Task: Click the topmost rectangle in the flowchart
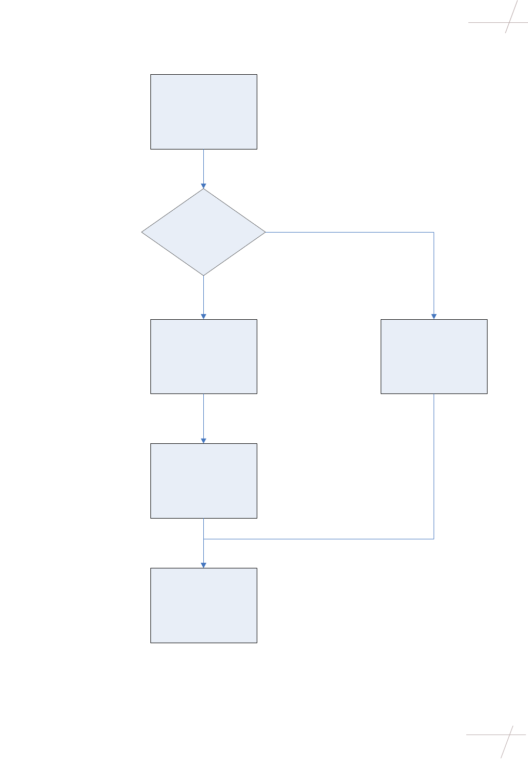pyautogui.click(x=203, y=112)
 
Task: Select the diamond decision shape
pyautogui.click(x=203, y=232)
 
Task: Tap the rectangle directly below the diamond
pyautogui.click(x=203, y=356)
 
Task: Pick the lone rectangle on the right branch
pyautogui.click(x=434, y=356)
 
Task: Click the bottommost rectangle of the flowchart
pyautogui.click(x=203, y=605)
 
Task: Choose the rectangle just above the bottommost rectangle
pyautogui.click(x=203, y=481)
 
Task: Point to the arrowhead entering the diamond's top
pyautogui.click(x=203, y=185)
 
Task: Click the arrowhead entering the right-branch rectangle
pyautogui.click(x=434, y=316)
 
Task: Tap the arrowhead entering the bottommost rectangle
pyautogui.click(x=203, y=565)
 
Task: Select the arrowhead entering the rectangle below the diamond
pyautogui.click(x=203, y=316)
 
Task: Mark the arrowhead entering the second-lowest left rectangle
pyautogui.click(x=203, y=440)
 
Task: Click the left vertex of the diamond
pyautogui.click(x=142, y=232)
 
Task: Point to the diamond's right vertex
pyautogui.click(x=265, y=232)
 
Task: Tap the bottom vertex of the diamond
pyautogui.click(x=203, y=275)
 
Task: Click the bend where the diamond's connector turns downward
pyautogui.click(x=434, y=232)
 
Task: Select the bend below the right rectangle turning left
pyautogui.click(x=434, y=539)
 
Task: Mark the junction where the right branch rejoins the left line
pyautogui.click(x=203, y=539)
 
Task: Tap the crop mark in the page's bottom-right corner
pyautogui.click(x=507, y=735)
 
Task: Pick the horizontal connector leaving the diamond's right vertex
pyautogui.click(x=348, y=232)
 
